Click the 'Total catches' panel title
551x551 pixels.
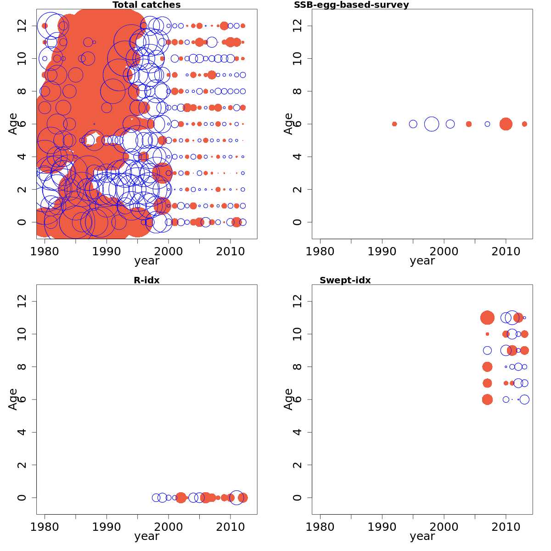pos(146,5)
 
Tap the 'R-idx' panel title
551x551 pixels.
pos(146,280)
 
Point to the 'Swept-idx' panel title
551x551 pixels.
pos(345,280)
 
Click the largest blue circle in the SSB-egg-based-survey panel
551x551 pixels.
pos(432,124)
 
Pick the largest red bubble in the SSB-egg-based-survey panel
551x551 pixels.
pos(506,124)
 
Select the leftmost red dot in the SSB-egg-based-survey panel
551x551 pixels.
pos(394,124)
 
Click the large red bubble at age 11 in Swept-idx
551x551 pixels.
pos(487,317)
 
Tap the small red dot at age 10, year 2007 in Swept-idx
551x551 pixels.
pos(487,334)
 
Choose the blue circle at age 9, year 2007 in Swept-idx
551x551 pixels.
pos(487,350)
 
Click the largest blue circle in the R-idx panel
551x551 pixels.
pos(236,497)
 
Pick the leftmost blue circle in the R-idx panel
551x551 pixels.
pos(156,497)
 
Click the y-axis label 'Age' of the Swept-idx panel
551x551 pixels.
pos(288,399)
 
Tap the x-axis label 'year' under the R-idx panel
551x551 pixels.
pos(146,536)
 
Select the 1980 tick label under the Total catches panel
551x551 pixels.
pos(45,251)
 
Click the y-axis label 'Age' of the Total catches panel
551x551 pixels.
pos(13,124)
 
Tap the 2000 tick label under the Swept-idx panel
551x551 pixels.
pos(444,527)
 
